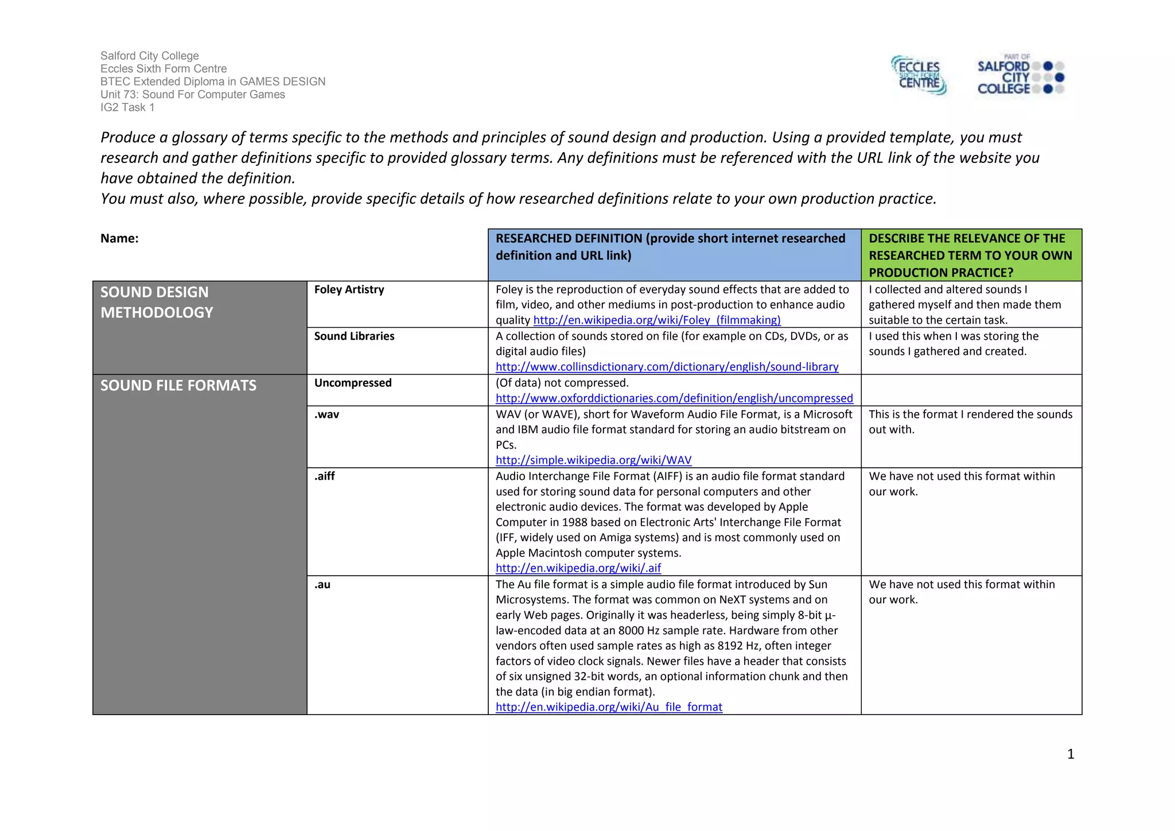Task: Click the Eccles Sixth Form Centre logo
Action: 919,76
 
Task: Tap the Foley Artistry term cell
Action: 349,290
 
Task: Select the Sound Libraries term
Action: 354,336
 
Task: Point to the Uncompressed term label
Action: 353,383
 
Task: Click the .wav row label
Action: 326,414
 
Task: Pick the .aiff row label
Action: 324,476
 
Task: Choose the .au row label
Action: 322,585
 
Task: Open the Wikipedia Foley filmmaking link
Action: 657,320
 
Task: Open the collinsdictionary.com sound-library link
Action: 667,367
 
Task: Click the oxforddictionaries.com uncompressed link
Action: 674,398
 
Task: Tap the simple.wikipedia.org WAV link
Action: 593,460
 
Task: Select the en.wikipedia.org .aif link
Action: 578,568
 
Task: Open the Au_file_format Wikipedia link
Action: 609,707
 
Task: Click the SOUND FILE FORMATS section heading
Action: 178,386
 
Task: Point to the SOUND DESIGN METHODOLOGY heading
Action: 156,302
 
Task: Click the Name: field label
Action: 119,239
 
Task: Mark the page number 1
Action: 1070,754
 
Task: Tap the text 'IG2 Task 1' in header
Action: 127,107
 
